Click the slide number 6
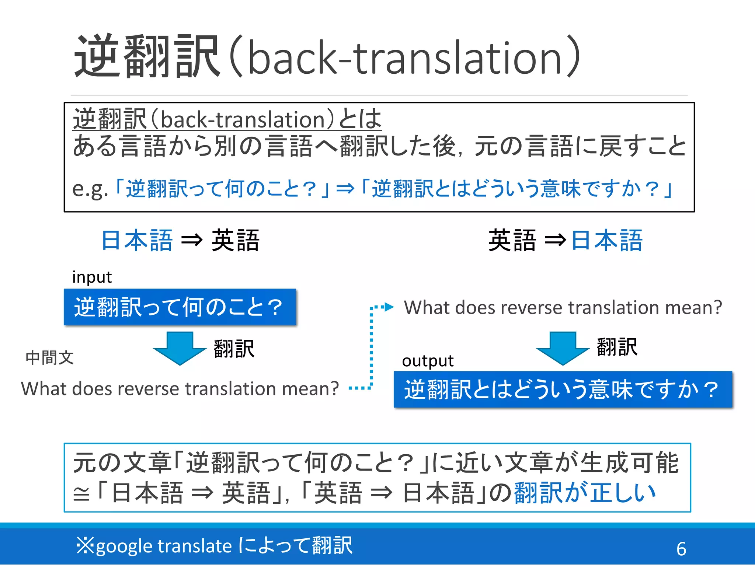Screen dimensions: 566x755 (x=681, y=549)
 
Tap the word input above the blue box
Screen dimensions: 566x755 (x=92, y=277)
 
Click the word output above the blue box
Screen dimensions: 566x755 (x=428, y=361)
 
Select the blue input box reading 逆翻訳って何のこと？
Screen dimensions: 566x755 (x=180, y=307)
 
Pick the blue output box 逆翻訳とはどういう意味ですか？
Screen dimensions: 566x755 (x=563, y=389)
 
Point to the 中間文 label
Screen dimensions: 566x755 (x=50, y=358)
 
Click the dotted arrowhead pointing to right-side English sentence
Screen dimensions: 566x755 (x=389, y=307)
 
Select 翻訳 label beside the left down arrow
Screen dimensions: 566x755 (x=234, y=349)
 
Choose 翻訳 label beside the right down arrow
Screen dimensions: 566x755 (x=617, y=347)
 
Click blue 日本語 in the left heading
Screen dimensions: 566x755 (x=137, y=241)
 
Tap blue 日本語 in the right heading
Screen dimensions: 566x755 (x=607, y=241)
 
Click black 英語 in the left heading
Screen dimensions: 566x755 (x=236, y=241)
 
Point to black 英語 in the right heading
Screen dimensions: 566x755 (x=512, y=241)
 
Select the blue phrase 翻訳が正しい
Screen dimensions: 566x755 (x=585, y=493)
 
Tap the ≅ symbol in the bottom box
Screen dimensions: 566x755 (x=81, y=494)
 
